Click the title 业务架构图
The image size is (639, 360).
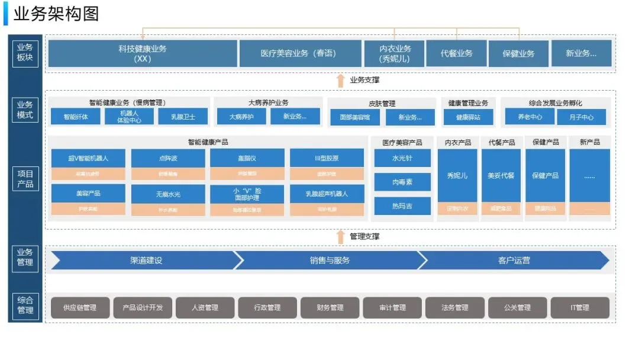click(56, 14)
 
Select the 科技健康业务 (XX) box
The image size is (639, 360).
click(143, 53)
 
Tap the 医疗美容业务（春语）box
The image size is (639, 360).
click(300, 53)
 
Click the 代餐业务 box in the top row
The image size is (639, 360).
click(456, 53)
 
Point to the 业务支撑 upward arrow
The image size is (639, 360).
click(340, 80)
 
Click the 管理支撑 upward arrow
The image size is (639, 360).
click(340, 237)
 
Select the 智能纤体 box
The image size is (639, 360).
click(76, 117)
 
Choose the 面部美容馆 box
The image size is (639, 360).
click(355, 117)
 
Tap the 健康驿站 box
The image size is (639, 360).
click(468, 117)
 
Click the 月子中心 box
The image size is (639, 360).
click(581, 117)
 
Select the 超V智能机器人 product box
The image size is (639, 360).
click(88, 158)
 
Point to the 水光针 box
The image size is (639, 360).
click(402, 158)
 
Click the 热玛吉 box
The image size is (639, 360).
click(402, 206)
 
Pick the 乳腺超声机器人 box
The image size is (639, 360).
click(327, 194)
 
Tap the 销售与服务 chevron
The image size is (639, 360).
click(329, 260)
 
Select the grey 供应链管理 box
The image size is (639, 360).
click(80, 308)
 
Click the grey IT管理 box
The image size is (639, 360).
click(579, 308)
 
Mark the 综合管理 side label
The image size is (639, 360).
click(25, 305)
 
